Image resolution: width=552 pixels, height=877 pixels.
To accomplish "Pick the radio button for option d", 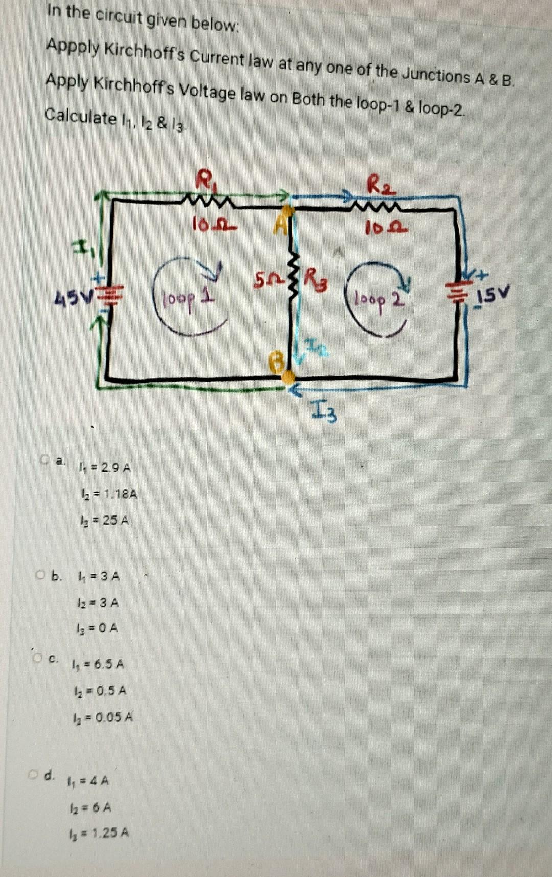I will [x=33, y=773].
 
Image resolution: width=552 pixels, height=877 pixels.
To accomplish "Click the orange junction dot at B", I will [x=288, y=377].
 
